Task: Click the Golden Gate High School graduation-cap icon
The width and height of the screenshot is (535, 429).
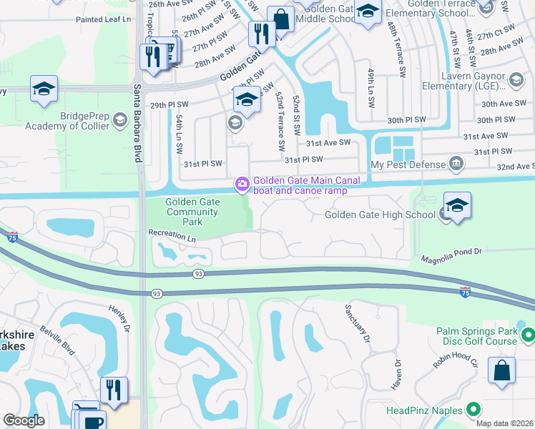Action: coord(457,205)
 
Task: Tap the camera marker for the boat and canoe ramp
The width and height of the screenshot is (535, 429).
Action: coord(242,185)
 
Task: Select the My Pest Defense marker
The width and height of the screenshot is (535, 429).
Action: coord(455,165)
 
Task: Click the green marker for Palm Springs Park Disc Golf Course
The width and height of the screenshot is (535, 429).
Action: coord(528,334)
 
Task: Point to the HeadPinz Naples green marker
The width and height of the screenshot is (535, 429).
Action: coord(473,410)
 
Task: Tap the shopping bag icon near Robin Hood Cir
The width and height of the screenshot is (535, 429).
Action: coord(501,371)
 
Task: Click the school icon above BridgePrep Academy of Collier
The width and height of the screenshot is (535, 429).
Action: coord(44,89)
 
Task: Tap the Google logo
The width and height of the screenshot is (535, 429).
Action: coord(24,420)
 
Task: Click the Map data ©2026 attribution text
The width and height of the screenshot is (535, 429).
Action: coord(504,423)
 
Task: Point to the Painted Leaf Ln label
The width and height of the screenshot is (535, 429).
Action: coord(103,20)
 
